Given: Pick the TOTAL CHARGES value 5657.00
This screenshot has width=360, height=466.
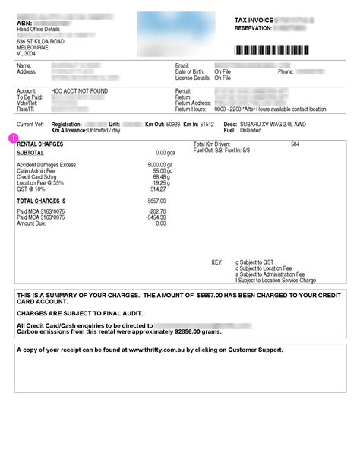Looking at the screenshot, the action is (x=156, y=201).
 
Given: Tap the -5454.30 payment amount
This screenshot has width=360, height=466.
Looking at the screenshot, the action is (x=156, y=217).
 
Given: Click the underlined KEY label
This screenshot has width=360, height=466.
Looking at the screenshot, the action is (x=216, y=262).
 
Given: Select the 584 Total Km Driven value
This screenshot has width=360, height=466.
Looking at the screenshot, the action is (x=295, y=144).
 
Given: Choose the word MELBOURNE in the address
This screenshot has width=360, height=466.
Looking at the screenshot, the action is (x=33, y=48).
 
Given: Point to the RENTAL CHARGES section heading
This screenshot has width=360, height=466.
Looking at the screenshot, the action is (x=40, y=144).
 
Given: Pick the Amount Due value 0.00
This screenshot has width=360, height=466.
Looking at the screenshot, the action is (x=160, y=223).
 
